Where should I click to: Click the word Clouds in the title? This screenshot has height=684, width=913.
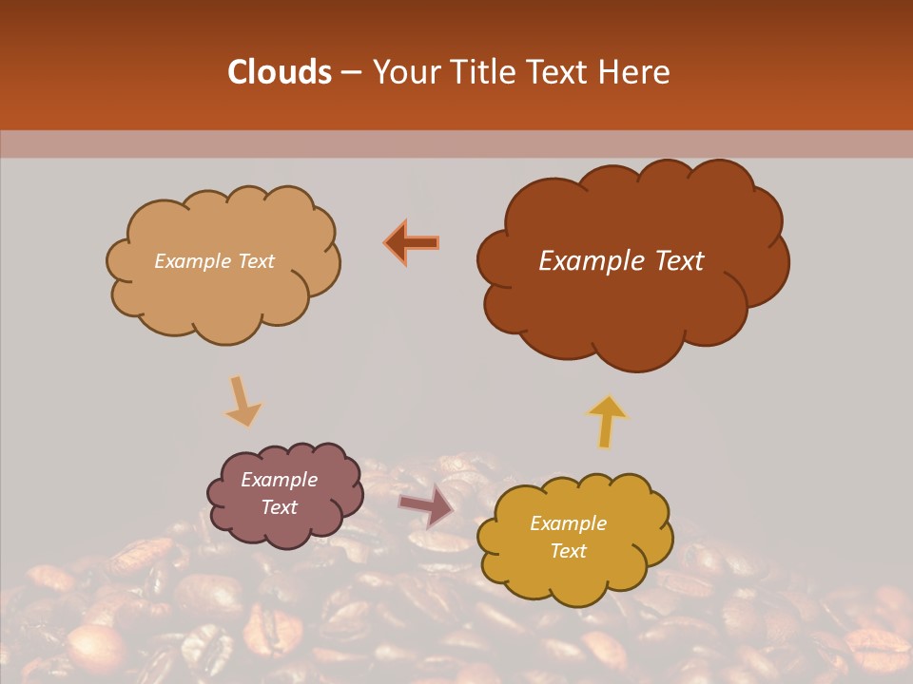click(280, 72)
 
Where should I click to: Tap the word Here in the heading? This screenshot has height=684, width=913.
click(636, 72)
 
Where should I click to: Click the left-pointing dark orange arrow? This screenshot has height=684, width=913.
click(413, 243)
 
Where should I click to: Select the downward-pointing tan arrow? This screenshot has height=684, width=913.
click(243, 402)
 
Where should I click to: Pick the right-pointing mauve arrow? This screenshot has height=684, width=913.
click(426, 504)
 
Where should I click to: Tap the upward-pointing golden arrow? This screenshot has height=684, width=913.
click(607, 420)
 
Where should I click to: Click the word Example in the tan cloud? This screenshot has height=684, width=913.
click(192, 261)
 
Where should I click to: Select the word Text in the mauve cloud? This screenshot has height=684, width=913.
click(280, 507)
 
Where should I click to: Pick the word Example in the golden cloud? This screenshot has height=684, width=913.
click(568, 523)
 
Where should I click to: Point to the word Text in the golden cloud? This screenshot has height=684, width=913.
click(568, 551)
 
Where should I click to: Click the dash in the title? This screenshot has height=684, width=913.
click(350, 72)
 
